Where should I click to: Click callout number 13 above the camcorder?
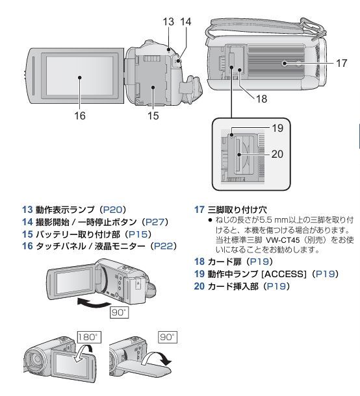[x=169, y=21]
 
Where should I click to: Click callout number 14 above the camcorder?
[x=186, y=21]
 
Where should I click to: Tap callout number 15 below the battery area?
[x=153, y=116]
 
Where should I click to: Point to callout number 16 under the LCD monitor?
[x=79, y=116]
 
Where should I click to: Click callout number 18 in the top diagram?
[x=262, y=99]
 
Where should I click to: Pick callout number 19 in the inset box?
[x=277, y=129]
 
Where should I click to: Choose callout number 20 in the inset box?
[x=277, y=155]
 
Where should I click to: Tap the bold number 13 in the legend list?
[x=27, y=210]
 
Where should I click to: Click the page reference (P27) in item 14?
[x=156, y=222]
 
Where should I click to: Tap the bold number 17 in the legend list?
[x=199, y=210]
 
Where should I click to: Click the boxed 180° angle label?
[x=87, y=338]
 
